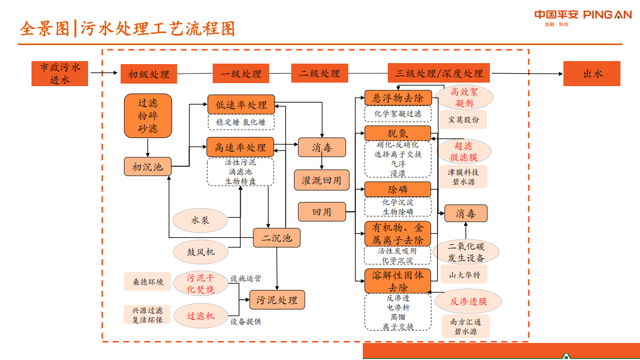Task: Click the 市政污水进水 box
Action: tap(60, 74)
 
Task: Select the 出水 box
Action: tap(591, 74)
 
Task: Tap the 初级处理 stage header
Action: tap(149, 74)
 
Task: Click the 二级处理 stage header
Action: tap(320, 73)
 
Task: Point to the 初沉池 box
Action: tap(148, 167)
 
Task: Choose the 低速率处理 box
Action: tap(241, 105)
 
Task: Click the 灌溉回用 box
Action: tap(321, 180)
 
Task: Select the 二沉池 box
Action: tap(276, 238)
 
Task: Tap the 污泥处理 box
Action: tap(277, 300)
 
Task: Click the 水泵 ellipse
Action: tap(200, 220)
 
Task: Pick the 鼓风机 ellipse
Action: tap(201, 252)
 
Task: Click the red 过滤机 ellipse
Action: tap(201, 316)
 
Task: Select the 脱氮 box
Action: tap(397, 133)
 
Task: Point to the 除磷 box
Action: tap(397, 189)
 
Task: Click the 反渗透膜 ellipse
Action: tap(468, 301)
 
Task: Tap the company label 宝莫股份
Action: tap(463, 120)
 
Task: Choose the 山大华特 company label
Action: tap(464, 274)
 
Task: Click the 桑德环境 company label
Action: tap(148, 282)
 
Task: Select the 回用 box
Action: tap(321, 212)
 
